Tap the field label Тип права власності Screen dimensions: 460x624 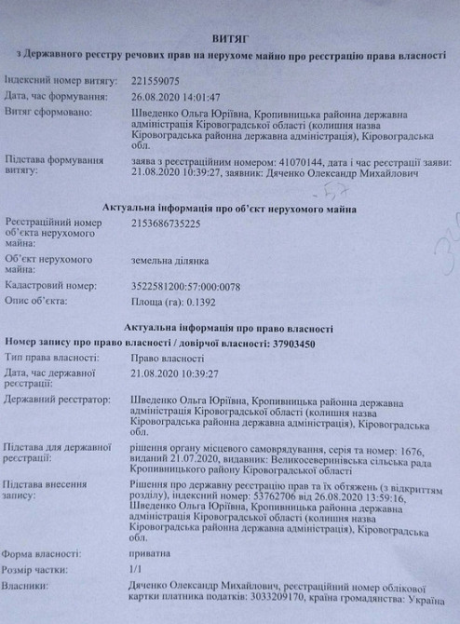50,357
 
